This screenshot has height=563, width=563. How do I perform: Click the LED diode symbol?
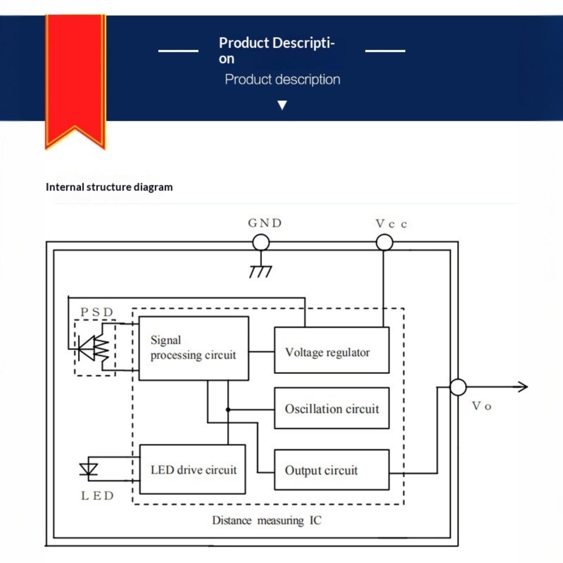(88, 469)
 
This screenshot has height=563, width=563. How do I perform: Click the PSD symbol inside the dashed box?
(94, 348)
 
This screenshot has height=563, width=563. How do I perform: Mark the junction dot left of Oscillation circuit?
(228, 410)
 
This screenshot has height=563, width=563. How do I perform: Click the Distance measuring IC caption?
(267, 520)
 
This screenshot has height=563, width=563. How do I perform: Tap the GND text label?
(265, 223)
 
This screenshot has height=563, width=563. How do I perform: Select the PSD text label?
(97, 312)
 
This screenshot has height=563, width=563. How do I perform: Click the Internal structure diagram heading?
(109, 187)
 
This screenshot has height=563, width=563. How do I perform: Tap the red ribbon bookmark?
(76, 81)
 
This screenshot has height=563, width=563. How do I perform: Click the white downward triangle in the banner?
(282, 105)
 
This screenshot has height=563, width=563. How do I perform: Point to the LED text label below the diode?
(97, 496)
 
